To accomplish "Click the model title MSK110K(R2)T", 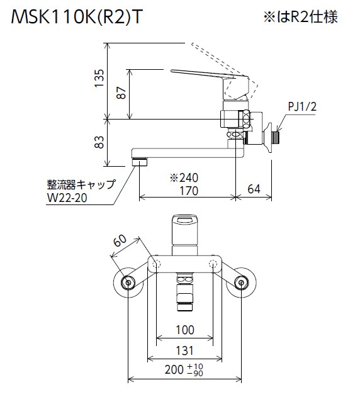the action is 76,17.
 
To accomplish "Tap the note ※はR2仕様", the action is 300,17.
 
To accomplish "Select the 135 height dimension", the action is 99,78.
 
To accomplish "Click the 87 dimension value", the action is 121,93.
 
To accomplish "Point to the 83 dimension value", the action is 99,142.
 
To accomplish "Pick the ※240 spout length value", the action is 184,177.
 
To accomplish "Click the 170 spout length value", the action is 189,191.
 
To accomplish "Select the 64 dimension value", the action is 254,189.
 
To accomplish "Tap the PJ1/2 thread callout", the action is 302,106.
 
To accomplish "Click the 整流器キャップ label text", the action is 81,184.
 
